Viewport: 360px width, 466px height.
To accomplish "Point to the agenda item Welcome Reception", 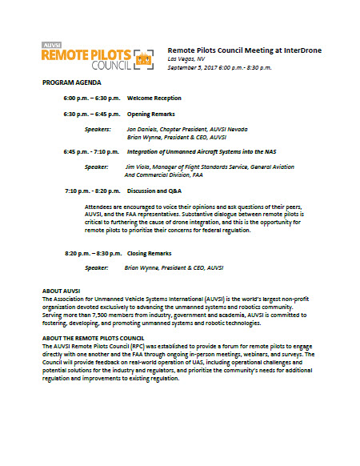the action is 154,98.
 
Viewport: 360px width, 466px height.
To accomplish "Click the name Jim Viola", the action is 139,167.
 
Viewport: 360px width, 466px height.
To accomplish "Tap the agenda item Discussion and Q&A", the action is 154,191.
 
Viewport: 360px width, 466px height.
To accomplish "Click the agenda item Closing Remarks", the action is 149,253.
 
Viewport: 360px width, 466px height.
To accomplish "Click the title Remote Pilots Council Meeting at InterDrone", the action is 245,50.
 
